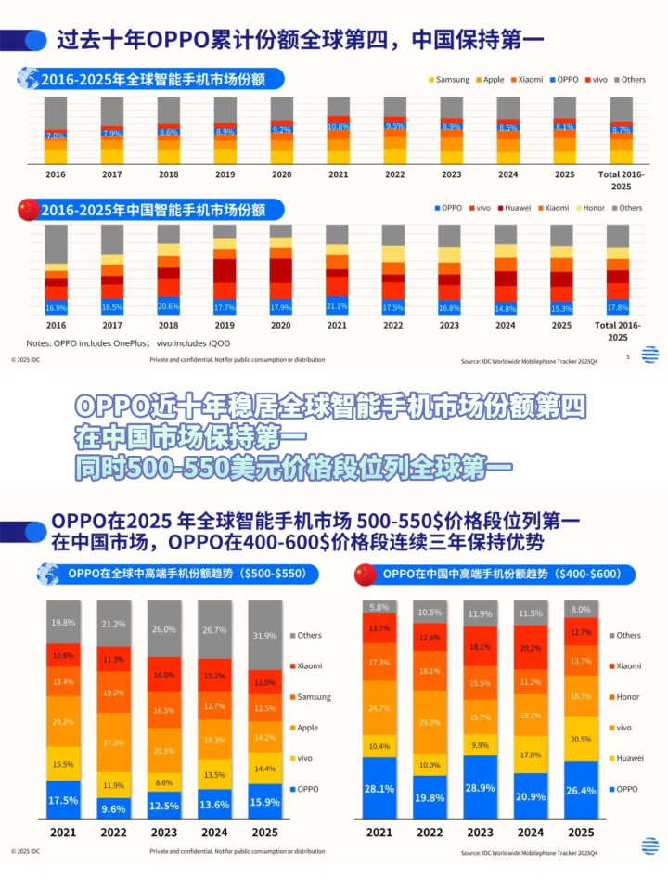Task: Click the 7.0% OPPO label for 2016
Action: (56, 136)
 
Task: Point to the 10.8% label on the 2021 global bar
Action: (339, 126)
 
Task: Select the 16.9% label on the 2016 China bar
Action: (56, 307)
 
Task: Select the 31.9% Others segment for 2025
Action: (265, 636)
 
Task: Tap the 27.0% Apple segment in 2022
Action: (113, 743)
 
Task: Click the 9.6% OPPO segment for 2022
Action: (113, 807)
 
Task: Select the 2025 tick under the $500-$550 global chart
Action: (265, 833)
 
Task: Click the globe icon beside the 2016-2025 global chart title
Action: (29, 79)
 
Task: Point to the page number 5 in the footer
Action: (628, 356)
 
